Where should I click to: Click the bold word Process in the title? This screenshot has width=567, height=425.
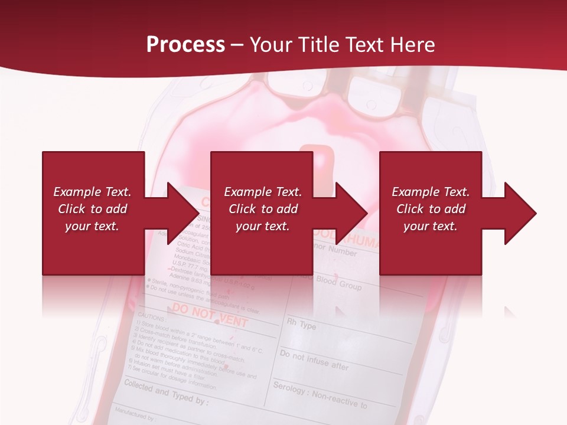point(185,45)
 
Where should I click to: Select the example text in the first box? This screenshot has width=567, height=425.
point(93,209)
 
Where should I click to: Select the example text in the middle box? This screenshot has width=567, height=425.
point(263,209)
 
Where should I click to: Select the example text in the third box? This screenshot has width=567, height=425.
point(431,209)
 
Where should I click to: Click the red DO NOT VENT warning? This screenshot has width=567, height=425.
point(210,313)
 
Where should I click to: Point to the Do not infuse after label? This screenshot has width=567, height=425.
point(314,359)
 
